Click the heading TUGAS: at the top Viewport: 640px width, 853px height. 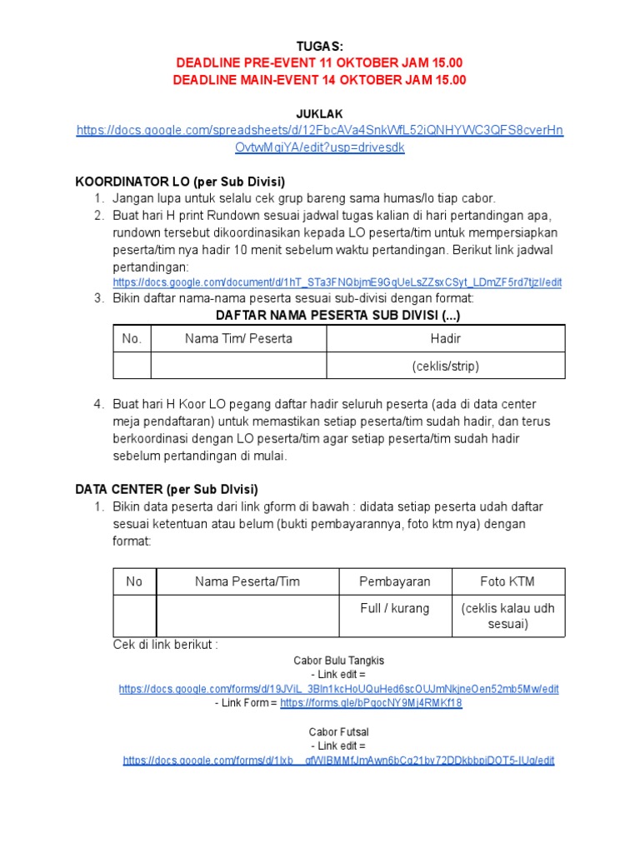[x=320, y=46]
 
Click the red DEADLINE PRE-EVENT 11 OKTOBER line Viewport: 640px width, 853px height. [x=320, y=63]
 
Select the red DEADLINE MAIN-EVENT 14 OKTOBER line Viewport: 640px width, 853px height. [x=320, y=80]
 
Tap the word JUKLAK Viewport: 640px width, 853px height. [x=320, y=113]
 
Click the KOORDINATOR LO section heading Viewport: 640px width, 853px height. [x=181, y=181]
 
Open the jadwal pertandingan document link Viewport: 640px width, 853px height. [x=337, y=282]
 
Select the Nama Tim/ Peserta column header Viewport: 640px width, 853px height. [x=238, y=338]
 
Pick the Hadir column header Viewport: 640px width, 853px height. [x=446, y=338]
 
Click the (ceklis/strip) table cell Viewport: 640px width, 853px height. [x=446, y=366]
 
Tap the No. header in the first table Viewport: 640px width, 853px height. [x=132, y=338]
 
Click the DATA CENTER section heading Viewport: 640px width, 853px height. [x=167, y=489]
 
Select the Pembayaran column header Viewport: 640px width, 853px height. [x=395, y=581]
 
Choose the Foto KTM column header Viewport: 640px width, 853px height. [x=508, y=581]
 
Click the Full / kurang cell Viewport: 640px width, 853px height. [x=395, y=608]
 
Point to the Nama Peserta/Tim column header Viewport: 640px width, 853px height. [x=247, y=581]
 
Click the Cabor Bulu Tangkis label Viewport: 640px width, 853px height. [x=338, y=661]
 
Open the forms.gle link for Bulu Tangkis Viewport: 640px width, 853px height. [x=371, y=703]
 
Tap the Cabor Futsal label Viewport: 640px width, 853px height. [x=338, y=731]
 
